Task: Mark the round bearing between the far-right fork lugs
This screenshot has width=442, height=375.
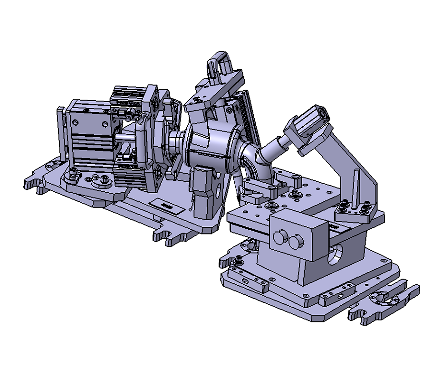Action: [x=379, y=298]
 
